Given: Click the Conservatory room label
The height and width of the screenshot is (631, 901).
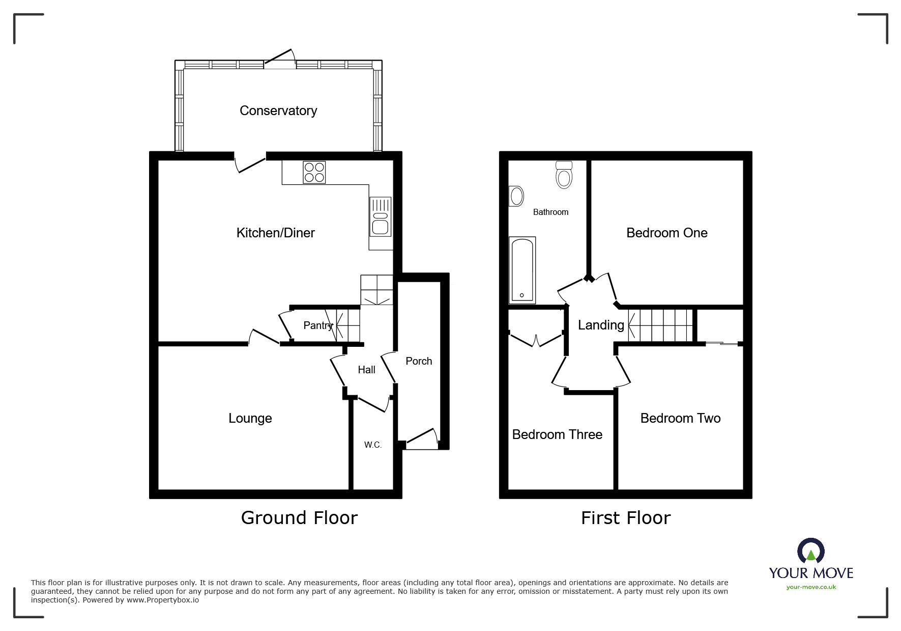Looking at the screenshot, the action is [x=278, y=111].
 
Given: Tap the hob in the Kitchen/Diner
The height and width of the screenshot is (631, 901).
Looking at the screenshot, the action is [x=314, y=172].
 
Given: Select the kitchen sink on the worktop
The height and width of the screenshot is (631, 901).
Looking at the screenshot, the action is [x=381, y=217].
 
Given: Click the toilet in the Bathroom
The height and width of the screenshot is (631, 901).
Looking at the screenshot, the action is [x=564, y=175].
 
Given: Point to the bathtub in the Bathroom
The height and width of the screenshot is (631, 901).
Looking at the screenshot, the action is [x=522, y=270].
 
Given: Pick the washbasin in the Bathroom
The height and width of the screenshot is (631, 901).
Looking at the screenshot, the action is [x=516, y=196].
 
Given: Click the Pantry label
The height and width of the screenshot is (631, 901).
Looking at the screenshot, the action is [x=318, y=325].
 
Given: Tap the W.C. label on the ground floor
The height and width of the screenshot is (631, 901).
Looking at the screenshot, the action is [x=373, y=445].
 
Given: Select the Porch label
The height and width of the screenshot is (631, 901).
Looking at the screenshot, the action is [x=419, y=361].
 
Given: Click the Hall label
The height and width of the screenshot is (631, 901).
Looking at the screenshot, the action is [x=366, y=370].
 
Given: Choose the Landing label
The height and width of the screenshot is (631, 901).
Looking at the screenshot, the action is [x=601, y=325].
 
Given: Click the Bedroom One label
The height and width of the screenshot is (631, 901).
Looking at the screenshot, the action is [x=667, y=233].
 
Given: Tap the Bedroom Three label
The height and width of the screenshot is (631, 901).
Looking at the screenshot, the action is [x=557, y=434].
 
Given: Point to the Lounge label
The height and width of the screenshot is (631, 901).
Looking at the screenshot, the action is [x=250, y=418].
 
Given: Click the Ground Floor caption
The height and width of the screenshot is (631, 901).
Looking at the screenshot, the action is [x=299, y=517].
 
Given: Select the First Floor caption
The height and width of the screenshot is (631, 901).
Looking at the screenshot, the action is [x=626, y=518].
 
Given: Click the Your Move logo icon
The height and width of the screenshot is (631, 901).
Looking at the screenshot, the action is [x=810, y=551].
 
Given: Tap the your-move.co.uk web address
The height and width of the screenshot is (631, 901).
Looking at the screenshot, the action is [x=811, y=587].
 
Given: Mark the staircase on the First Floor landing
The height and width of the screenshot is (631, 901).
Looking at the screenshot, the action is [x=660, y=325].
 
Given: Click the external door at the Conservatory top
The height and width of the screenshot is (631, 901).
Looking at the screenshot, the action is [x=279, y=59].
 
